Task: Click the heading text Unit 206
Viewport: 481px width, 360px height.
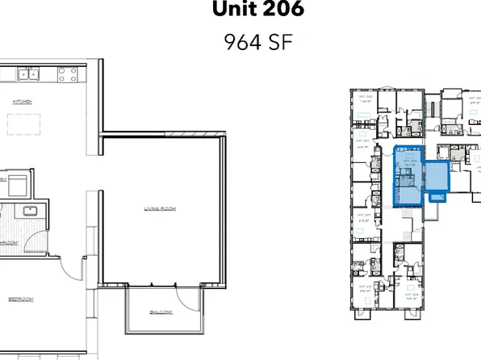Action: tap(246, 10)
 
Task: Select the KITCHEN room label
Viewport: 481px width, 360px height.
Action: tap(22, 102)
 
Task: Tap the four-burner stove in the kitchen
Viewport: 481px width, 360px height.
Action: tap(68, 75)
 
